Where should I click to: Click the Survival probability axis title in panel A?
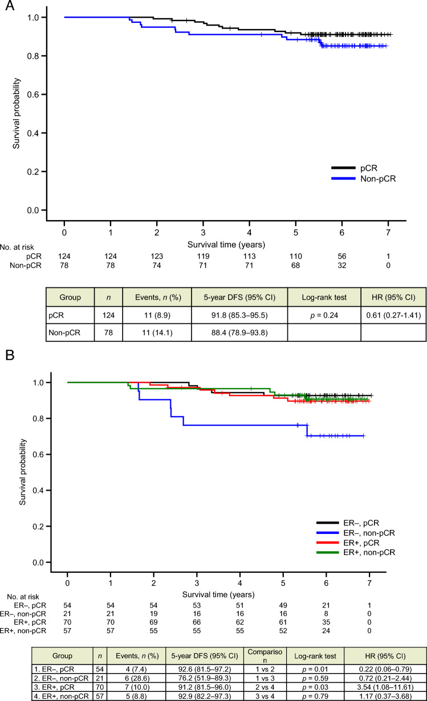[x=16, y=114]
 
